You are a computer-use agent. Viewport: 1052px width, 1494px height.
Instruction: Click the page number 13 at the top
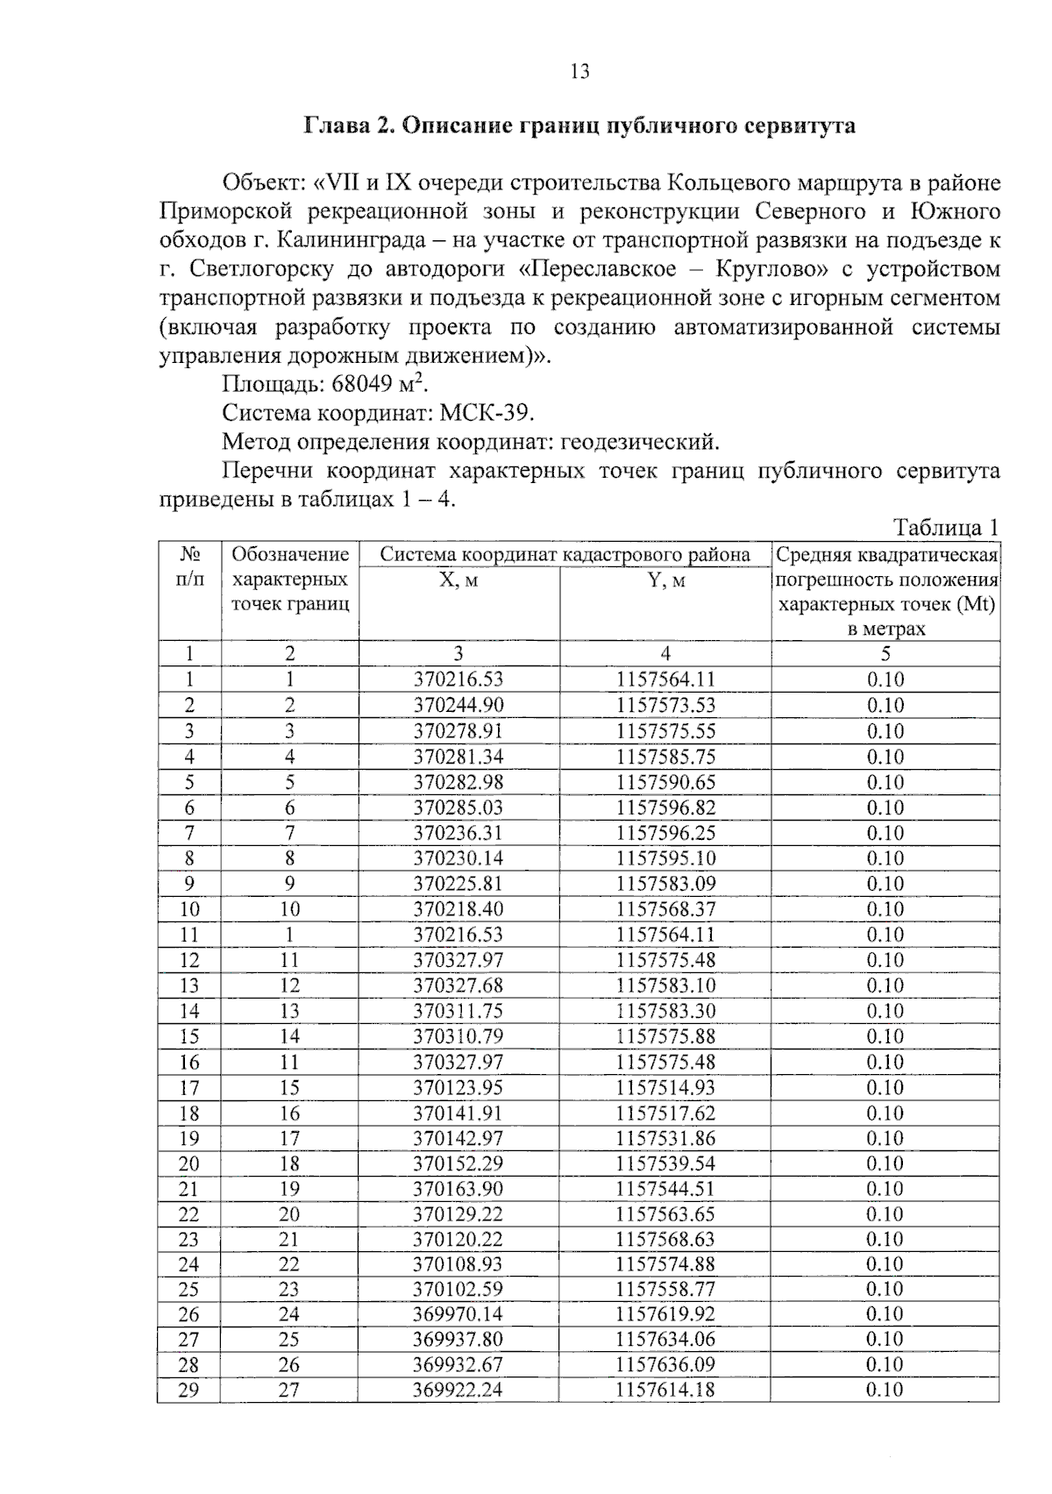[579, 72]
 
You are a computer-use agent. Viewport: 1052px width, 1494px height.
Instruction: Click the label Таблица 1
[945, 528]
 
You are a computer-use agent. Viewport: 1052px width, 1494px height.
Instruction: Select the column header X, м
[458, 580]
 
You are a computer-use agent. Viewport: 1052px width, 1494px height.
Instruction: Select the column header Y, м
[665, 580]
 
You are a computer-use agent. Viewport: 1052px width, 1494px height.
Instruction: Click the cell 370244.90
[458, 706]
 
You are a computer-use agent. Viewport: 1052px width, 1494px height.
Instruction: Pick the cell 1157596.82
[665, 807]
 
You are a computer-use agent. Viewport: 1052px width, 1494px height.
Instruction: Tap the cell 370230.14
[458, 858]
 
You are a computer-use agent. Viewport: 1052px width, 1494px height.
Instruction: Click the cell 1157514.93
[665, 1088]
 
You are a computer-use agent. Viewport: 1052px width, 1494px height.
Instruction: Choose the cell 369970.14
[458, 1314]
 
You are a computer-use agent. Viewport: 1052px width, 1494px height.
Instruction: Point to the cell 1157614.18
[665, 1390]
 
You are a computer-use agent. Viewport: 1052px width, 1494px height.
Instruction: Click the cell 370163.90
[458, 1189]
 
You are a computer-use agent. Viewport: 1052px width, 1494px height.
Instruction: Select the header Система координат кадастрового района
[565, 554]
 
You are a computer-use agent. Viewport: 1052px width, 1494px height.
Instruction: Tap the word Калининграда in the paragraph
[355, 240]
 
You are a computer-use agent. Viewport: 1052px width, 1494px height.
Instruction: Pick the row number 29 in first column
[188, 1390]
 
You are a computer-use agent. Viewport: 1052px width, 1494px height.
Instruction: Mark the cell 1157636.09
[665, 1365]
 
